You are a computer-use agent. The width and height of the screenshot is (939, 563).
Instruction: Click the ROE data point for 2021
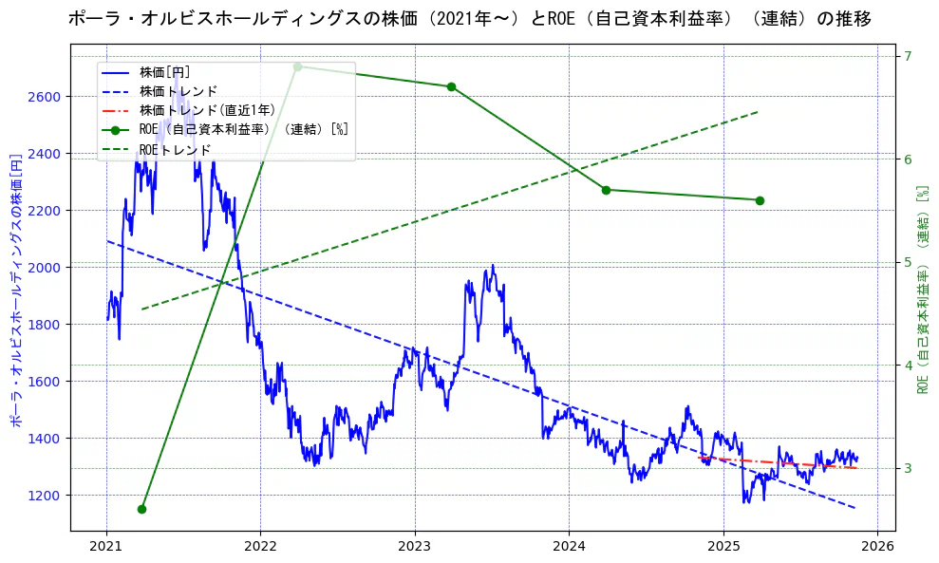[x=141, y=509]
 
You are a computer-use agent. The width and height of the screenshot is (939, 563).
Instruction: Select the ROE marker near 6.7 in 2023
[x=451, y=86]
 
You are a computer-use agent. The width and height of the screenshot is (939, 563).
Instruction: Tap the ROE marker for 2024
[x=606, y=190]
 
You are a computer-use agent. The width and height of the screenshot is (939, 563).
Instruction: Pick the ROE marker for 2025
[x=760, y=200]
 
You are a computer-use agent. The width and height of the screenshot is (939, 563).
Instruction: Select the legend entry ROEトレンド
[x=175, y=150]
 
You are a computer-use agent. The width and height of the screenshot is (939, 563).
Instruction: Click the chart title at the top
[x=469, y=18]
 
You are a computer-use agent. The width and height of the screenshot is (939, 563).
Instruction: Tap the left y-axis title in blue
[x=15, y=288]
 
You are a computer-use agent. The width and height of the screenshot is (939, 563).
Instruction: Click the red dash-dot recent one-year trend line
[x=779, y=462]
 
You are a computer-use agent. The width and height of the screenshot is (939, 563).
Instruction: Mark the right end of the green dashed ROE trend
[x=760, y=111]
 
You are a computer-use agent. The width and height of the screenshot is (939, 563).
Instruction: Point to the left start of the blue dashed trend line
[x=107, y=241]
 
